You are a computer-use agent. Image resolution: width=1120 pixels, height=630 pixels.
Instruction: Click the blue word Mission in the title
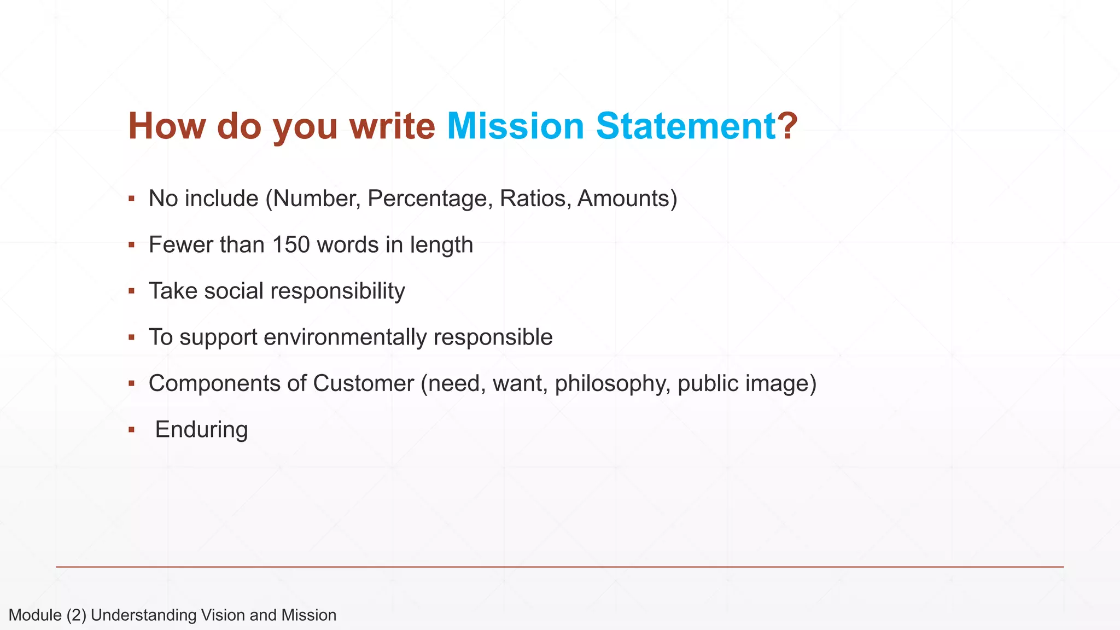coord(516,126)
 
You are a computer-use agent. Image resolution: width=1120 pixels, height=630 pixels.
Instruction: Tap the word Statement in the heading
coord(686,126)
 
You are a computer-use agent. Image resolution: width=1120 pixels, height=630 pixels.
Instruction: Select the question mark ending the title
coord(787,126)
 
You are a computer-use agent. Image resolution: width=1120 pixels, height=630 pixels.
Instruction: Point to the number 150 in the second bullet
coord(291,245)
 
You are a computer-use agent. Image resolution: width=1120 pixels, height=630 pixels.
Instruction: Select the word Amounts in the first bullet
coord(623,199)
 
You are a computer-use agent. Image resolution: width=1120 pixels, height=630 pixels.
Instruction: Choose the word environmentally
coord(345,337)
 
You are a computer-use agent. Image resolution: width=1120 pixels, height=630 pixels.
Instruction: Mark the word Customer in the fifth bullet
coord(363,383)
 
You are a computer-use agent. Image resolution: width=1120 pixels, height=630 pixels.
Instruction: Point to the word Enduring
coord(201,430)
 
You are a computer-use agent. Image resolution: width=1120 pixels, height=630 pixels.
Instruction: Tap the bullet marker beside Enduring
coord(131,430)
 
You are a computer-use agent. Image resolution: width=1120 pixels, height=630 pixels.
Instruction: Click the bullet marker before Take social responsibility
coord(131,291)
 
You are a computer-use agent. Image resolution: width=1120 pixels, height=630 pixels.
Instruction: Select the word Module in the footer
coord(35,615)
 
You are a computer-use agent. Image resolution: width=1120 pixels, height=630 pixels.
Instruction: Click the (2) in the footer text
coord(77,615)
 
